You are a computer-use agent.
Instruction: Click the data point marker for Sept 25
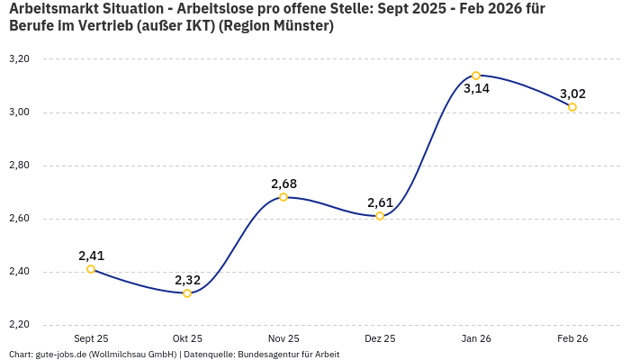point(91,269)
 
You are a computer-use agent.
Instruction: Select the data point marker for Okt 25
point(187,293)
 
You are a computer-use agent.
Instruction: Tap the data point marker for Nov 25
point(283,197)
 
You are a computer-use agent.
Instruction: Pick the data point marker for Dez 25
point(380,216)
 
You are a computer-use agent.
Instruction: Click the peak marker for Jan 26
point(476,76)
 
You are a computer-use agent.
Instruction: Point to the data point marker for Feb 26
point(572,107)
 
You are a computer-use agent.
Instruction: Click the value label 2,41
point(91,256)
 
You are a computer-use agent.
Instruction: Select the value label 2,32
point(187,280)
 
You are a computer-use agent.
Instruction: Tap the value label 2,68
point(283,184)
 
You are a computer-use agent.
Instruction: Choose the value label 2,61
point(380,202)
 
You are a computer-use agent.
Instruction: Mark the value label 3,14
point(476,89)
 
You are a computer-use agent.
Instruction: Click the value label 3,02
point(572,94)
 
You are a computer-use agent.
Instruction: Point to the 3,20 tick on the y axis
point(19,59)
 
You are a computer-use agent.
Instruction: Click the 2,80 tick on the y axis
point(19,166)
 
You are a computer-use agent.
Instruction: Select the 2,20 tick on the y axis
point(19,325)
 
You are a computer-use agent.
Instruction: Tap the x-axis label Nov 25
point(283,338)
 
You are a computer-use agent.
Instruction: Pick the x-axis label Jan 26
point(476,338)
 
